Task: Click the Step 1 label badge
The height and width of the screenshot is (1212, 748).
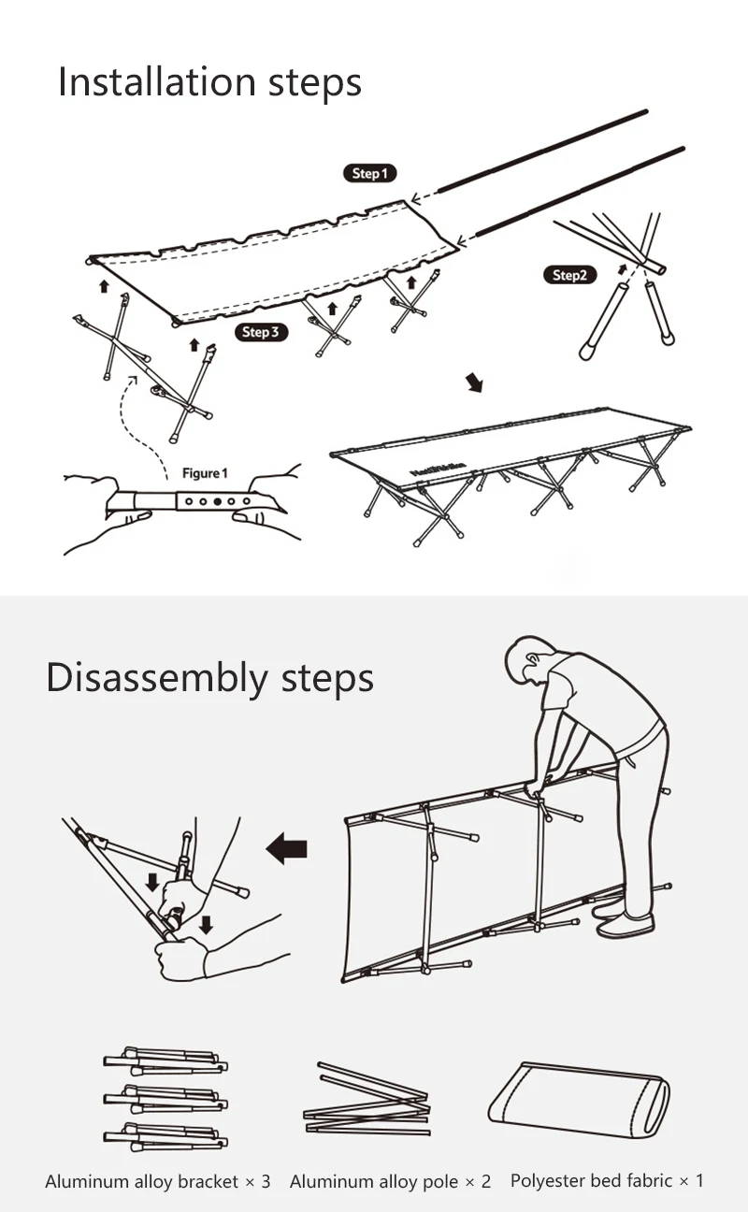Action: [370, 173]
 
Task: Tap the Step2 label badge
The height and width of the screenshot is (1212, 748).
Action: [569, 275]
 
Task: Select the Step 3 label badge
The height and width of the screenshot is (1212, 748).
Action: [261, 332]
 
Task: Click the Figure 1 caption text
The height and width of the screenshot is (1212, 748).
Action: [205, 473]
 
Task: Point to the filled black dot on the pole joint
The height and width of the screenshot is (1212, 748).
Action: [218, 501]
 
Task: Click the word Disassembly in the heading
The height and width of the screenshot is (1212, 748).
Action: [157, 679]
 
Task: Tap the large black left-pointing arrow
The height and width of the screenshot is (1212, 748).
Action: [287, 848]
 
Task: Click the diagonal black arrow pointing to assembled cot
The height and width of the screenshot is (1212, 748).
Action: [474, 382]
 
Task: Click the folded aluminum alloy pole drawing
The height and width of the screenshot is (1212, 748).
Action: [367, 1099]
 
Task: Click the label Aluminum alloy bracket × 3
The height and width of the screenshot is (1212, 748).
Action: [158, 1181]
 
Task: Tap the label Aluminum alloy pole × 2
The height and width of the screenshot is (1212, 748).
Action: [390, 1181]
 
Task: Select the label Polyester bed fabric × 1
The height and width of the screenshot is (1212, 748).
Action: [607, 1180]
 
